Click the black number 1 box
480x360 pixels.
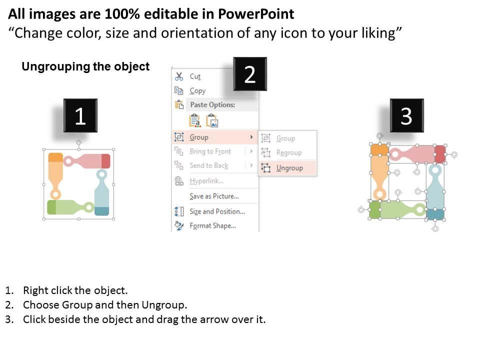coord(80,115)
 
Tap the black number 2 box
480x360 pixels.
coord(250,74)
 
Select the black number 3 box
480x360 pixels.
coord(406,115)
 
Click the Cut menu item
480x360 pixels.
coord(195,76)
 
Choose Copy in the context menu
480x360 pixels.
coord(197,90)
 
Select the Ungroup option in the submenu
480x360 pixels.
coord(289,168)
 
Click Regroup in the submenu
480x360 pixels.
coord(288,152)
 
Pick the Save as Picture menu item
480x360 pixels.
coord(214,196)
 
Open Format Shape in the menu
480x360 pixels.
coord(212,225)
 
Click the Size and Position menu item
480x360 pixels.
coord(217,211)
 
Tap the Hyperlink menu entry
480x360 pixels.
coord(206,180)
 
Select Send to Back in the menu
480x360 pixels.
coord(209,165)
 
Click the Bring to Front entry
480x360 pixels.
coord(210,151)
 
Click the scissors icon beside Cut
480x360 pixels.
coord(179,76)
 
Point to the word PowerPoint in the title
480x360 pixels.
coord(256,14)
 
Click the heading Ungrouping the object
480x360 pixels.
coord(85,66)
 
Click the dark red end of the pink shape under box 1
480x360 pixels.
coord(106,161)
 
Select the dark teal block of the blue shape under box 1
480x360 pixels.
coord(101,211)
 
